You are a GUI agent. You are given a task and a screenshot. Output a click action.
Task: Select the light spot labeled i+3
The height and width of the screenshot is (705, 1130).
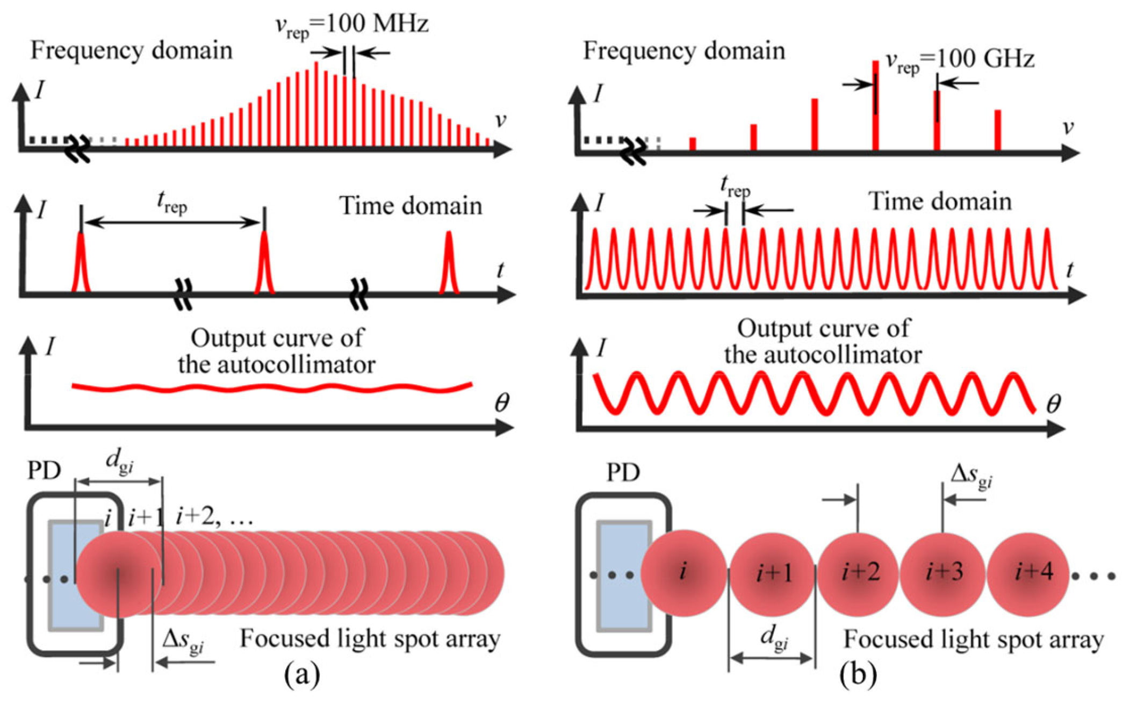pos(944,573)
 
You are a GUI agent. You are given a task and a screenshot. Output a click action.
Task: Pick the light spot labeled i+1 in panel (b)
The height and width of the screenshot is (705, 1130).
pos(773,574)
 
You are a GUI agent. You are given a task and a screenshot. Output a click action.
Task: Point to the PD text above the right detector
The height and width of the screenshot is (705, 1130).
pos(623,473)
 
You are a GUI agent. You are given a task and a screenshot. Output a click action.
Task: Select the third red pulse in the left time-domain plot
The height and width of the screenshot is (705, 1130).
pos(449,263)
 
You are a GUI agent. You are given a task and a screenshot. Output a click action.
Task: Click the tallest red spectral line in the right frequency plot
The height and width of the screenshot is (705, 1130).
pos(875,105)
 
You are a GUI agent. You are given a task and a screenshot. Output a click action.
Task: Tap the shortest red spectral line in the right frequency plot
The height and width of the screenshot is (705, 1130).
pos(693,143)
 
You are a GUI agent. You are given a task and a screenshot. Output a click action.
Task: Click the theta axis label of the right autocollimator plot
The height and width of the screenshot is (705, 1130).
pos(1054,404)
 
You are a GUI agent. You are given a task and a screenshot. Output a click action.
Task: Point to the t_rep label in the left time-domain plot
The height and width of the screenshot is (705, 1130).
pos(172,204)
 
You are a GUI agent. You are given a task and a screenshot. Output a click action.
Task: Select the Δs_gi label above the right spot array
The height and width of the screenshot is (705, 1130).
pos(971,477)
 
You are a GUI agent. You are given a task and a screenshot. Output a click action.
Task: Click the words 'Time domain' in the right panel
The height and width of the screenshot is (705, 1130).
pos(940,202)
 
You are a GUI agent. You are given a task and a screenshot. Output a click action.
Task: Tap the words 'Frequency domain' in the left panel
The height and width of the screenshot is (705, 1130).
pos(131,51)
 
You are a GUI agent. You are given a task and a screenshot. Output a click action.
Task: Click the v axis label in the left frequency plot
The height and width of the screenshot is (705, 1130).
pos(500,120)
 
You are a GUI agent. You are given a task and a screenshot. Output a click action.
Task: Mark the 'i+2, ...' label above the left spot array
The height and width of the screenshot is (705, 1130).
pos(214,517)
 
